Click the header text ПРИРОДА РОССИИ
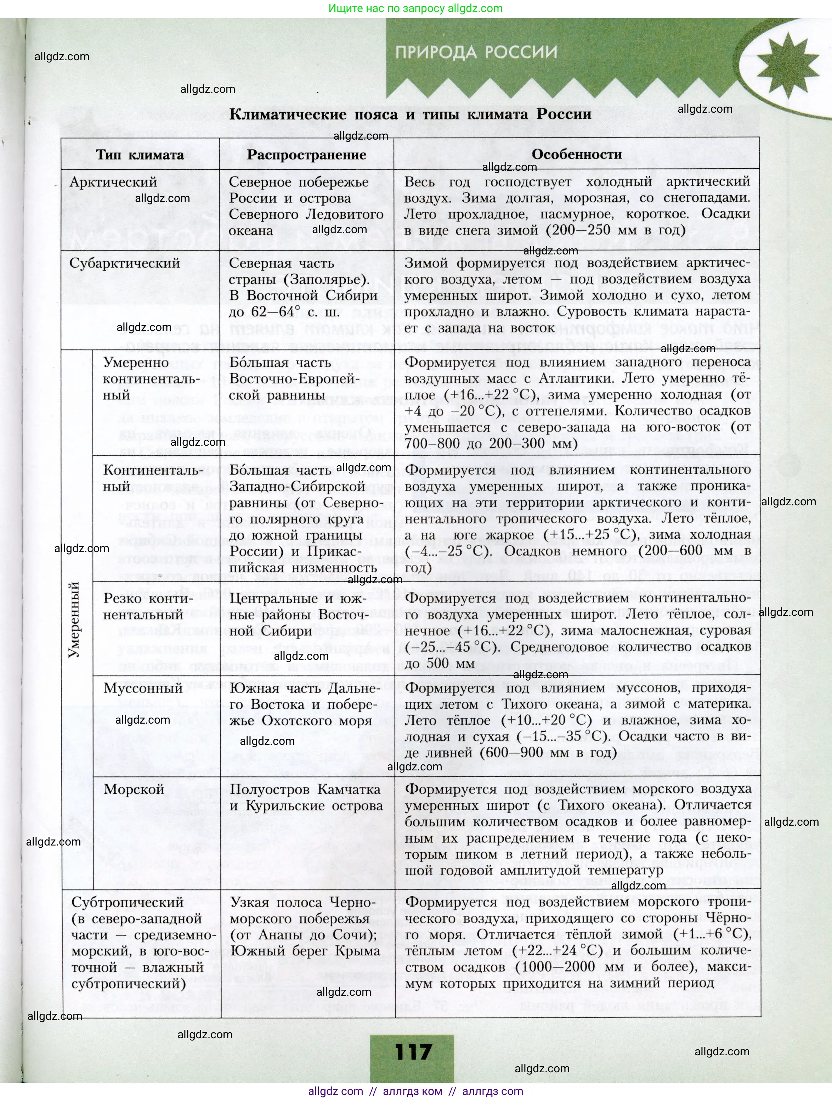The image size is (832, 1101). (x=476, y=52)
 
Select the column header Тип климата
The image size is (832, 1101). (x=140, y=155)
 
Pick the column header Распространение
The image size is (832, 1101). (x=306, y=155)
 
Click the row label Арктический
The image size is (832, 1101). (x=113, y=182)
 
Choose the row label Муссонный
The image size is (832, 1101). (x=143, y=689)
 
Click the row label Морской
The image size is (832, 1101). (x=134, y=790)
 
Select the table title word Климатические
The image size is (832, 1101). (x=288, y=114)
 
